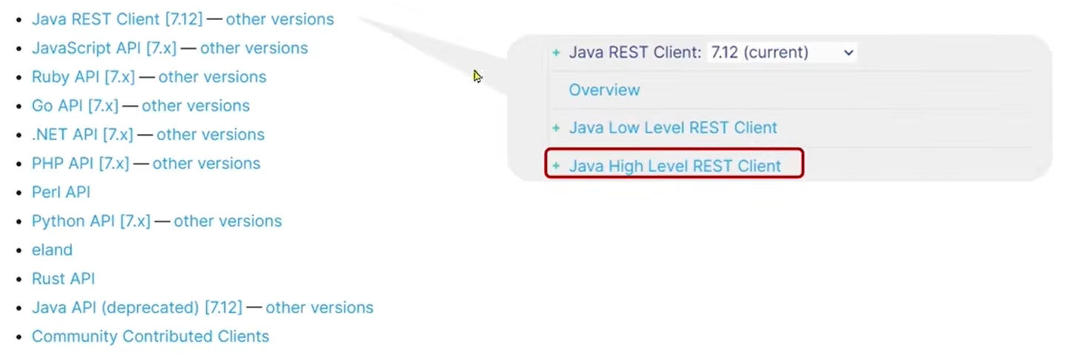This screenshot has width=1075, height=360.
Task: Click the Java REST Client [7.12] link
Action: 116,19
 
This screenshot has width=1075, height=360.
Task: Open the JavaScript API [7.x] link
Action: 104,48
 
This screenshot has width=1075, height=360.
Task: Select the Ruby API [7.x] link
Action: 83,77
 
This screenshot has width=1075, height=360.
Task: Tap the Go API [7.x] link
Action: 75,106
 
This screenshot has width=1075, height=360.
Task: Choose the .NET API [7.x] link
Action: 82,135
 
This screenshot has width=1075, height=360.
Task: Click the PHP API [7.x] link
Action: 80,164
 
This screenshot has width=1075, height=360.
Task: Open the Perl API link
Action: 61,193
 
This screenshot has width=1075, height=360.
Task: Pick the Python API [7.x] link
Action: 90,221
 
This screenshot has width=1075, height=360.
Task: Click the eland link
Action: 52,250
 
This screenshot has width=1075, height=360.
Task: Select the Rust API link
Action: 63,279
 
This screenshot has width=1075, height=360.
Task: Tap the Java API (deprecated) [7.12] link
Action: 137,308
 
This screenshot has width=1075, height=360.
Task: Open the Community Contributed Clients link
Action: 150,337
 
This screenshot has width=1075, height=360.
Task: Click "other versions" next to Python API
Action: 227,221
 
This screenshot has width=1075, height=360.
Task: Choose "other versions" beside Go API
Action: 196,106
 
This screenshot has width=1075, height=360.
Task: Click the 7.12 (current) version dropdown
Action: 782,53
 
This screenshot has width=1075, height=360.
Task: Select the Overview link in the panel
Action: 604,90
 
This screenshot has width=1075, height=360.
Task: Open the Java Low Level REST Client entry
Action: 673,128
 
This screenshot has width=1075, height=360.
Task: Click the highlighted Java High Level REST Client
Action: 674,166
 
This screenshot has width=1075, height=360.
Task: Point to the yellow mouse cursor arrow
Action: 477,76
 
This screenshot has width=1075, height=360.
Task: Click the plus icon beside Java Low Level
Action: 556,128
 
